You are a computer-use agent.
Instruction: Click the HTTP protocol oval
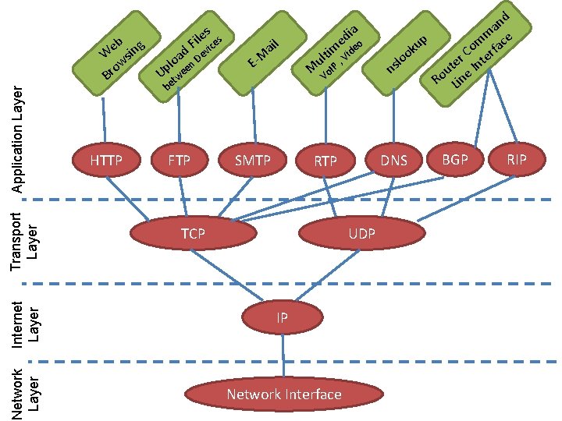coord(106,161)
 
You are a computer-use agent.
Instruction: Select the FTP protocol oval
coord(180,161)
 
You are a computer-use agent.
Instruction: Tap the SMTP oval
coord(253,161)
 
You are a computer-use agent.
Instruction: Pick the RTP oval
coord(325,161)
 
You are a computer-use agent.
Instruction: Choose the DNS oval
coord(394,161)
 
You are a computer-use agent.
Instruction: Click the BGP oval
coord(453,159)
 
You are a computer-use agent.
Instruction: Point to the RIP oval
coord(516,159)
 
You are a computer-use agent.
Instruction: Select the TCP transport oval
coord(192,233)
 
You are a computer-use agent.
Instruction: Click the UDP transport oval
coord(361,233)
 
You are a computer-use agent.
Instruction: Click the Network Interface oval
coord(284,394)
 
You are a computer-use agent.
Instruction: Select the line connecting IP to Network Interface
coord(283,356)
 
